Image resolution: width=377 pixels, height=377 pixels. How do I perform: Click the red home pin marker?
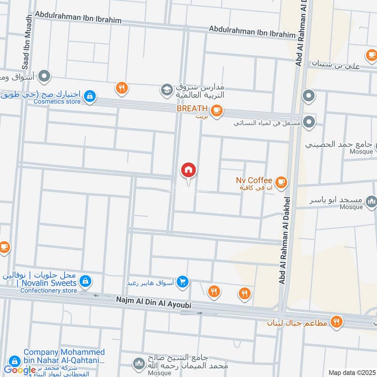pos(188,170)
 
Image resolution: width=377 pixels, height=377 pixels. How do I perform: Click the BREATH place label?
pos(192,108)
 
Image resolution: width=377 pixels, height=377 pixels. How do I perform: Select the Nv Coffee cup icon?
pos(281,181)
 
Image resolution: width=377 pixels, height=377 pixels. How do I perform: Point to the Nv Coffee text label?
pos(254,180)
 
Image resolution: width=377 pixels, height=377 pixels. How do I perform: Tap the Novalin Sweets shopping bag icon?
pos(85,281)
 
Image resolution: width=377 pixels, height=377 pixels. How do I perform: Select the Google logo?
pos(19,369)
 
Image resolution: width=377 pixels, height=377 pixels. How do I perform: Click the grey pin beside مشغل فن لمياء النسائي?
pos(309,122)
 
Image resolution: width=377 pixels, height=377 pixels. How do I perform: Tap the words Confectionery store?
pos(49,291)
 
